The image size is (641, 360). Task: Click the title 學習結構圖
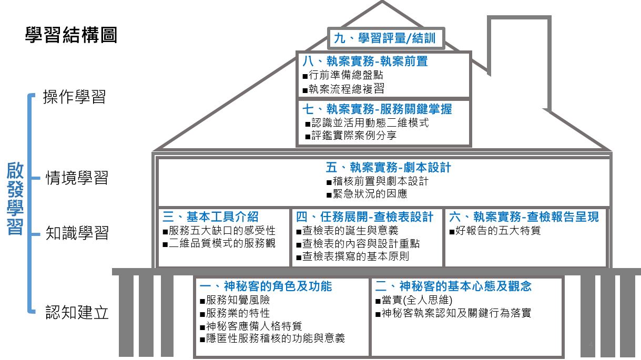click(x=72, y=35)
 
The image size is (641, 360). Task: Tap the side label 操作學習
click(x=74, y=97)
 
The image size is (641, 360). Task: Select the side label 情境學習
click(x=77, y=178)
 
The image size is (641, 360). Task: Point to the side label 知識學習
click(x=77, y=233)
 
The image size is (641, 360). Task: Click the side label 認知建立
click(x=77, y=312)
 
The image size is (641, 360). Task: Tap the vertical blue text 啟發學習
click(x=15, y=199)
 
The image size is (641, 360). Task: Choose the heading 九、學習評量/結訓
click(x=385, y=38)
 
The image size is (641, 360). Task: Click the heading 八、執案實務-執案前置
click(x=365, y=61)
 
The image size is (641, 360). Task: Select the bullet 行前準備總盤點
click(x=343, y=75)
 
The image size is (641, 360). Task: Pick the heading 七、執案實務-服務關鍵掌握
click(x=377, y=109)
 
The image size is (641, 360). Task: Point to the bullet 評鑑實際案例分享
click(x=351, y=135)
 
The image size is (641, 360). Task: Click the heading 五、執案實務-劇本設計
click(x=388, y=168)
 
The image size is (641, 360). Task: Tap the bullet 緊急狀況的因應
click(x=367, y=194)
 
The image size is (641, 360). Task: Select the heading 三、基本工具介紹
click(x=210, y=217)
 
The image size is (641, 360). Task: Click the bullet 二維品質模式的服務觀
click(x=219, y=243)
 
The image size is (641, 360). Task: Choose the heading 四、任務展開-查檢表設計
click(x=364, y=217)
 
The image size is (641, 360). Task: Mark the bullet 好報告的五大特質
click(x=495, y=231)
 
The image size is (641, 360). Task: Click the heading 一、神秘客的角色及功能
click(x=266, y=286)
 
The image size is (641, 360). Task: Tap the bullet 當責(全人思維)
click(x=414, y=300)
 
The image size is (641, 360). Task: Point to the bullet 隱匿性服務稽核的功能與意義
click(x=272, y=338)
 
